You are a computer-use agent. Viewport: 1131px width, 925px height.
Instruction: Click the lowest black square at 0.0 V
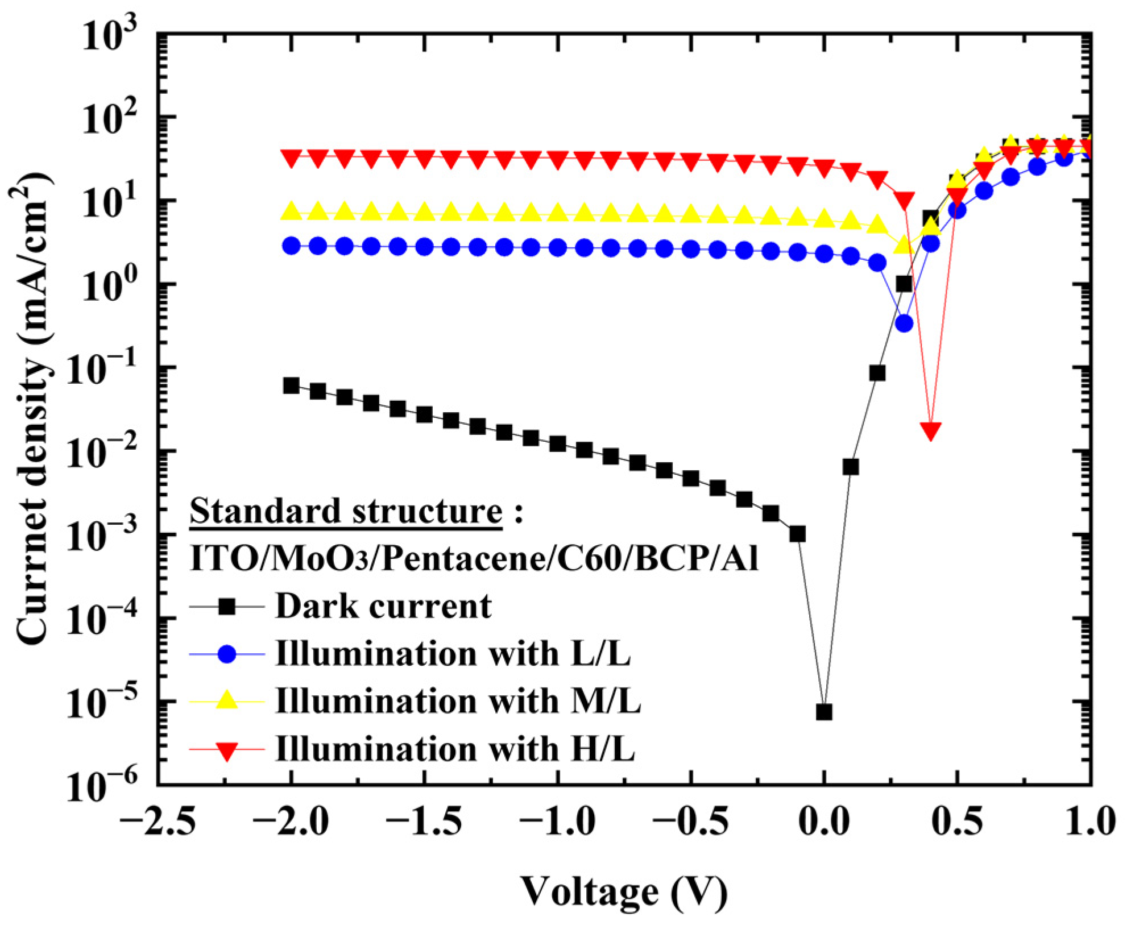point(824,712)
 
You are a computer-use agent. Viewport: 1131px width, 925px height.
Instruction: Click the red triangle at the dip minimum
point(930,431)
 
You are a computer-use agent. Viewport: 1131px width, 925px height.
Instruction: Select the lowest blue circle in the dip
point(904,323)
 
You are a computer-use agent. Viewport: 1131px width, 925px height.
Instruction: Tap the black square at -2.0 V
point(291,386)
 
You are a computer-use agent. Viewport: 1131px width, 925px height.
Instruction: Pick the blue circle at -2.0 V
point(291,246)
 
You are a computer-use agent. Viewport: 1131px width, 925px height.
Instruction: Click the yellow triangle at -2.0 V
point(291,211)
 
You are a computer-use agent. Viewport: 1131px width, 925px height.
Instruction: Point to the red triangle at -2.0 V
point(291,158)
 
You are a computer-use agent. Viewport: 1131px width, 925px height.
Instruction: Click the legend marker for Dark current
point(227,607)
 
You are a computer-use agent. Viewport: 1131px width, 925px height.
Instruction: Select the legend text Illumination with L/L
point(453,654)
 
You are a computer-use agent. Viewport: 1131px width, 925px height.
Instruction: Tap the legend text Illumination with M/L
point(458,701)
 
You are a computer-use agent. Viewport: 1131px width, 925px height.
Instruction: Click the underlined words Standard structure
point(346,511)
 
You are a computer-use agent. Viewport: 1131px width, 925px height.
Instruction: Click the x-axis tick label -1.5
point(424,823)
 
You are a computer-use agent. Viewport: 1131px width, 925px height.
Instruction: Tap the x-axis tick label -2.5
point(158,823)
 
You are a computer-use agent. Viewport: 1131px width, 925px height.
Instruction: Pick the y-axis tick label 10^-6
point(102,786)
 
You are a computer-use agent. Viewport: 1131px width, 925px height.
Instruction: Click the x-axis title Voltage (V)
point(624,891)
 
